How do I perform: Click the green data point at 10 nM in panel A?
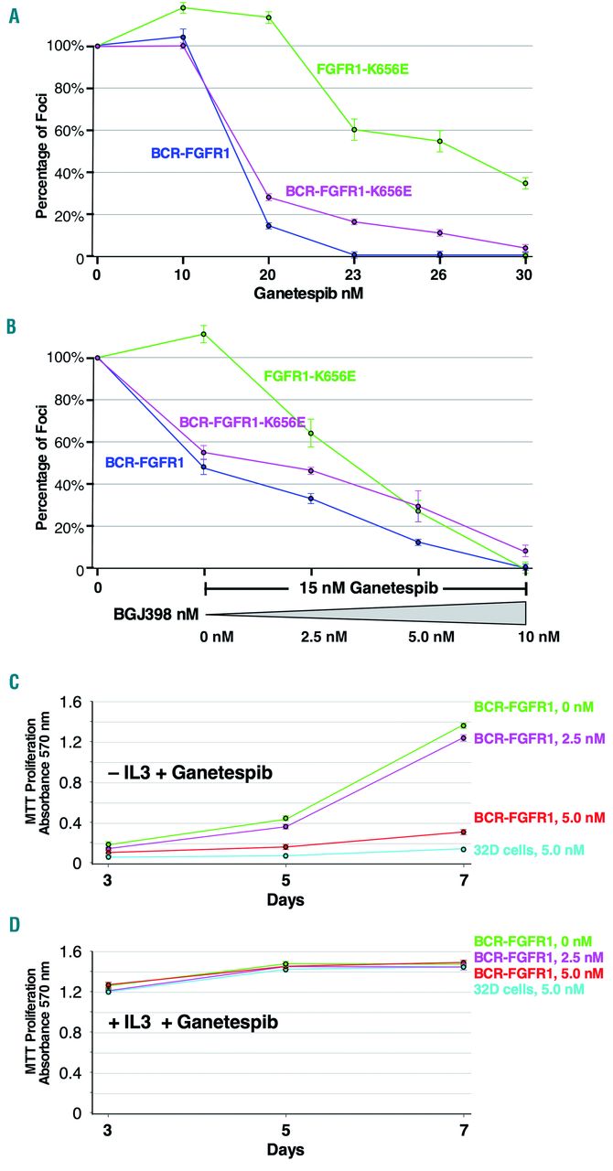[183, 8]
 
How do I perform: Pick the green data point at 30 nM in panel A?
[525, 183]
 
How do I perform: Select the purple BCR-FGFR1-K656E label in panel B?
[242, 422]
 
